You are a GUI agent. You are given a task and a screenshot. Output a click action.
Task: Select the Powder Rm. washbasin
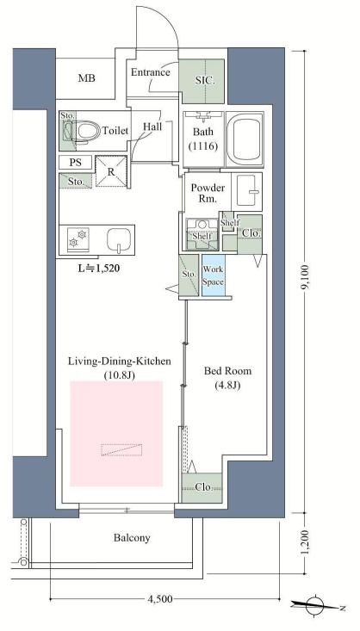[x=247, y=191]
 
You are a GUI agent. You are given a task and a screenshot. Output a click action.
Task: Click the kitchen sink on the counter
[x=120, y=240]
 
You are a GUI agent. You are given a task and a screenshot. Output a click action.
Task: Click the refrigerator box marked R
[x=111, y=171]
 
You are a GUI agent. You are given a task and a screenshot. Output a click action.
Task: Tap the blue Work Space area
[x=213, y=275]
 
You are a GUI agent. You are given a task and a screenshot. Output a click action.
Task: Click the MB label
[x=87, y=78]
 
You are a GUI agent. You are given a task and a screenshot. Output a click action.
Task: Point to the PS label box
[x=75, y=162]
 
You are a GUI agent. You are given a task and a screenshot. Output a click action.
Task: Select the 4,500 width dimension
[x=160, y=599]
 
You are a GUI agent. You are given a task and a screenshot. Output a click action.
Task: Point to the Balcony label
[x=132, y=538]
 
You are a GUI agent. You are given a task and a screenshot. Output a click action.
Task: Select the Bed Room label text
[x=227, y=371]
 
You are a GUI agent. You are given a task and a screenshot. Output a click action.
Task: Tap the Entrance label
[x=151, y=72]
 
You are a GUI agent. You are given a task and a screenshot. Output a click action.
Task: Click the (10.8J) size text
[x=119, y=375]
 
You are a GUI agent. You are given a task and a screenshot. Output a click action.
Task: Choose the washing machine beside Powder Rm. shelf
[x=202, y=234]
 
